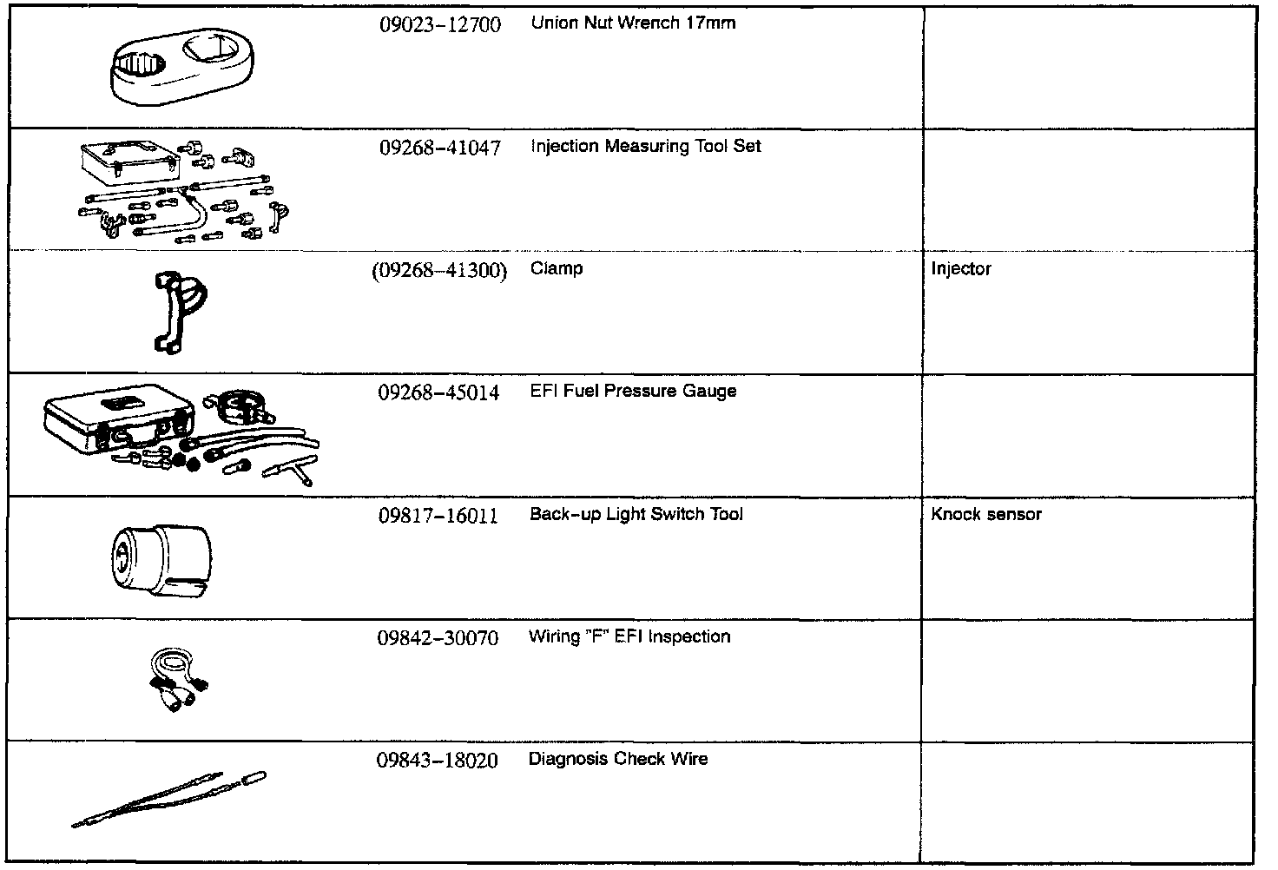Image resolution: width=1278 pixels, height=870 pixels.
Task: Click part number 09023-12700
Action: tap(439, 24)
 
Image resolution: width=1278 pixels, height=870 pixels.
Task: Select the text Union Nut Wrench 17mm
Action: tap(633, 23)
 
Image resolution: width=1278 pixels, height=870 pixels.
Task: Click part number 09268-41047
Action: tap(439, 148)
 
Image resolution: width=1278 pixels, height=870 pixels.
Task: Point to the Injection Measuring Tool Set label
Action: tap(645, 147)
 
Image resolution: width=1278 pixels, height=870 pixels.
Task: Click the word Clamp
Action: tap(557, 269)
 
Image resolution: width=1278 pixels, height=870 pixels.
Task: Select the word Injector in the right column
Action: tap(960, 269)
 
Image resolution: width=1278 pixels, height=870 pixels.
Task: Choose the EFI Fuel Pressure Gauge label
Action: tap(633, 392)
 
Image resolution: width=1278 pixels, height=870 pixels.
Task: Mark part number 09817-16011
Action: tap(438, 516)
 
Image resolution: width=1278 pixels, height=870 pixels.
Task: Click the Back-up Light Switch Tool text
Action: tap(636, 514)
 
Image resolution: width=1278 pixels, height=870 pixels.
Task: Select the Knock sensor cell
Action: tap(985, 514)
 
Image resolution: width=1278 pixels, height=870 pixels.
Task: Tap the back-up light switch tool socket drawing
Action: tap(161, 559)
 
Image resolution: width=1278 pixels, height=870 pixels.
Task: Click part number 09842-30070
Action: tap(438, 638)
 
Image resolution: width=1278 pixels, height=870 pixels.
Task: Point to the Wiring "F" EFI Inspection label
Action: tap(629, 636)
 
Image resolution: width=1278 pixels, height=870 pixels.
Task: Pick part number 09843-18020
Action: tap(438, 761)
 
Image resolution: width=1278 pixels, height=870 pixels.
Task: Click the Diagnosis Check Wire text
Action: tap(618, 759)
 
